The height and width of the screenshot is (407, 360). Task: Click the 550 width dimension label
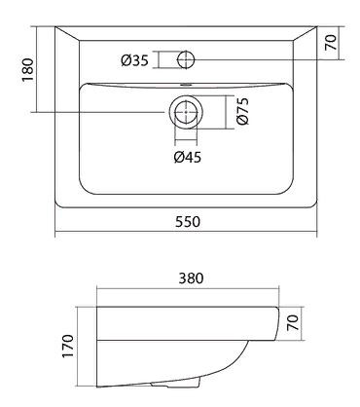[188, 222]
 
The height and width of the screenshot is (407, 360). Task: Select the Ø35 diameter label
[135, 60]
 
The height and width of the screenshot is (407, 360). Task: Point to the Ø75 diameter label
[244, 113]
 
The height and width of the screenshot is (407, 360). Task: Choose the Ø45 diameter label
[188, 156]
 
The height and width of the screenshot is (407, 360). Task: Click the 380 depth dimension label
[190, 277]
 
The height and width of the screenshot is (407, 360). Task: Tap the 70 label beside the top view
[331, 43]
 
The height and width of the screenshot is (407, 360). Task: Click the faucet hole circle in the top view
[185, 59]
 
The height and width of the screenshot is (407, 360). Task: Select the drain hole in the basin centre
[185, 112]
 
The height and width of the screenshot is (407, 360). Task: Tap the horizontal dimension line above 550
[188, 233]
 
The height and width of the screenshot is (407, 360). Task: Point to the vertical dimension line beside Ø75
[230, 113]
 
